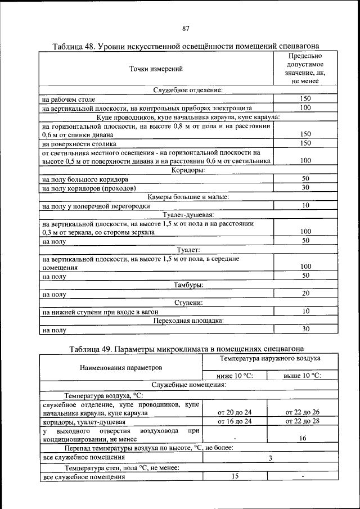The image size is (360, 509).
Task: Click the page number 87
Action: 186,29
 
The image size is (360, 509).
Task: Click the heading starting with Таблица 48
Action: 186,46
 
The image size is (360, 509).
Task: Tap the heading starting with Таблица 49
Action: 186,349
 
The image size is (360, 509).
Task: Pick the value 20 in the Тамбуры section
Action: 305,294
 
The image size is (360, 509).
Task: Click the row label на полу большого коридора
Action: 81,179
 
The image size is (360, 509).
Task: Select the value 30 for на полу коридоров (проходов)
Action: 305,188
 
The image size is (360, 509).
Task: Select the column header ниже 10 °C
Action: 235,376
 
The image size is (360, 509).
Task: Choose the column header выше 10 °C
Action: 303,376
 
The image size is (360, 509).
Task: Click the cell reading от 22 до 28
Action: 303,421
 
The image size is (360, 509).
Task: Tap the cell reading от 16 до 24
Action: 235,421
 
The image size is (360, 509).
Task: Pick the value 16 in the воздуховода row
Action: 303,438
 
